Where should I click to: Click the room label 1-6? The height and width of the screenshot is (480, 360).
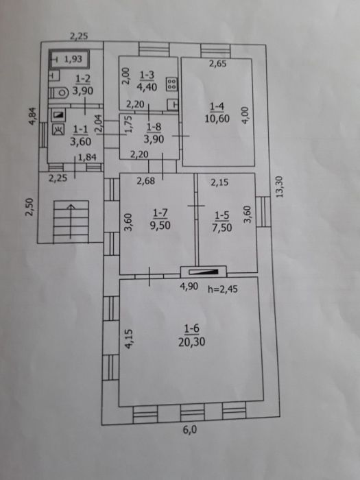(x=191, y=328)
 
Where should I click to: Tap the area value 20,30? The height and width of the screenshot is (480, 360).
(x=191, y=342)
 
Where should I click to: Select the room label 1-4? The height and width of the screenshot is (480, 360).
(x=217, y=106)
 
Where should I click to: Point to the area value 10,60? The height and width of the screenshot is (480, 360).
(x=217, y=119)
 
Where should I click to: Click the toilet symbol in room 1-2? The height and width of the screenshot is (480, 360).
(x=59, y=93)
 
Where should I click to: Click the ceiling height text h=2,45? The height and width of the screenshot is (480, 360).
(x=223, y=289)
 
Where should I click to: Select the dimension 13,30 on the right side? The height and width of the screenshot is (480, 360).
(x=280, y=187)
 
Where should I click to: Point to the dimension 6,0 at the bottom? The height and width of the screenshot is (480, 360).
(x=190, y=430)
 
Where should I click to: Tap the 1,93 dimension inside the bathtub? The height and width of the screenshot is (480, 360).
(x=73, y=58)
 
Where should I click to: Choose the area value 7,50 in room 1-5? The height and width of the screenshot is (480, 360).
(x=222, y=228)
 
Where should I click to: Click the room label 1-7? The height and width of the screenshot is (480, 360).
(x=160, y=213)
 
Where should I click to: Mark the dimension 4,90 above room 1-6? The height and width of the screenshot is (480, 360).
(x=189, y=287)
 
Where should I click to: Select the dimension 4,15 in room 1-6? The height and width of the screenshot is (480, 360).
(x=129, y=339)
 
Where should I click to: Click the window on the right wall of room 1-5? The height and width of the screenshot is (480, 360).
(x=263, y=211)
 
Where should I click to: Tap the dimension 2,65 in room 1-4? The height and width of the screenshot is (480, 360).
(x=217, y=64)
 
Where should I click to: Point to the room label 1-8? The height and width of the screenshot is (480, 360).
(x=154, y=126)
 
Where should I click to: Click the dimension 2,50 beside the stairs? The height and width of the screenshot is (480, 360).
(x=29, y=207)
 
